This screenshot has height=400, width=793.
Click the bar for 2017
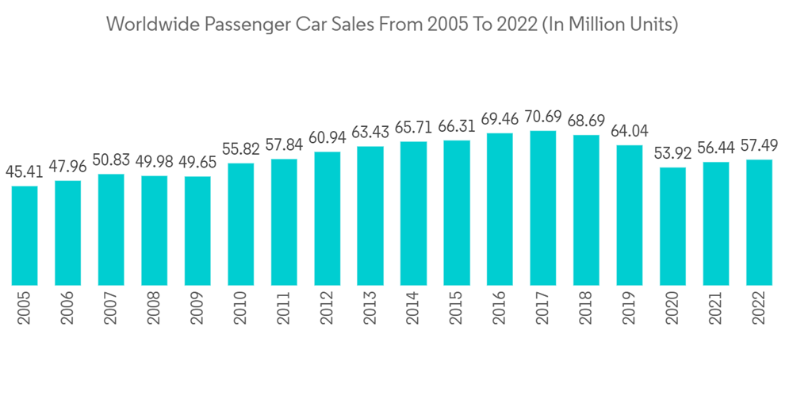pos(543,208)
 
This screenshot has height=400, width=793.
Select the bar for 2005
pos(25,235)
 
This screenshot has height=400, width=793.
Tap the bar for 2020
pos(672,226)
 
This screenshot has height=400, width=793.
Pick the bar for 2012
pos(328,218)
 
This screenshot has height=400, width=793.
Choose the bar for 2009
pos(197,230)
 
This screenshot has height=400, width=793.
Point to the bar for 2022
pos(759,222)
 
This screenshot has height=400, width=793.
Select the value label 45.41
pos(25,171)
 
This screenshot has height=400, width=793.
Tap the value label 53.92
pos(672,152)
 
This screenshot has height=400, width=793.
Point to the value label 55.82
pos(241,149)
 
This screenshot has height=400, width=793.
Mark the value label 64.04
pos(630,131)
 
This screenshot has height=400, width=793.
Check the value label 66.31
pos(457,126)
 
